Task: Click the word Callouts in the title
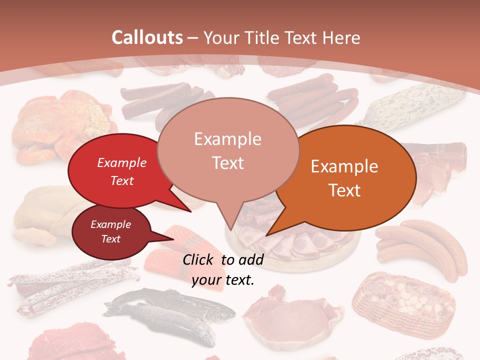tap(147, 38)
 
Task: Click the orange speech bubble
tap(350, 175)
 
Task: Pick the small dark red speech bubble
tap(107, 232)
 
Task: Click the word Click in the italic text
tap(199, 259)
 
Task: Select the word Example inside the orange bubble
tap(344, 166)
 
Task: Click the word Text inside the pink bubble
tap(227, 163)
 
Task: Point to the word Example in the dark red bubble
tap(110, 224)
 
